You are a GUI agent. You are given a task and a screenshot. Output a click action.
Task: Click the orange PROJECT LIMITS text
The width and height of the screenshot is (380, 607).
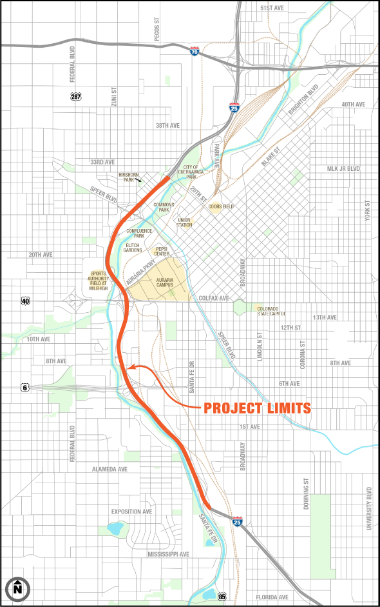(x=258, y=408)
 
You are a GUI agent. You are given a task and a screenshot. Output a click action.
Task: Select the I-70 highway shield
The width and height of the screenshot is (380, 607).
(x=195, y=50)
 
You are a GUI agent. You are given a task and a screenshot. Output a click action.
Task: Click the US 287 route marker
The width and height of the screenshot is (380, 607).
(x=76, y=96)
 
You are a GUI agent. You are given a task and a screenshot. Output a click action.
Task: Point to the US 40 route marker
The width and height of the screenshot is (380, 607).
(x=25, y=301)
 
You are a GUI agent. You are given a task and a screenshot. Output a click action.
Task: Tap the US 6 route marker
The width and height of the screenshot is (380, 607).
(x=25, y=387)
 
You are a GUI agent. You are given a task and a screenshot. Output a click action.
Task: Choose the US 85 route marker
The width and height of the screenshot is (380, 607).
(x=222, y=596)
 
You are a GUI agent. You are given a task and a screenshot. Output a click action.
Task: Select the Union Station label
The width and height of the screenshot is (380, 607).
(x=184, y=223)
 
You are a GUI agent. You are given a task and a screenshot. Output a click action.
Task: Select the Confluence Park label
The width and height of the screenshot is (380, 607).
(x=140, y=233)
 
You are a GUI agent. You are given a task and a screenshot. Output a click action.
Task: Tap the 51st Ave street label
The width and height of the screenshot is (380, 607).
(x=272, y=7)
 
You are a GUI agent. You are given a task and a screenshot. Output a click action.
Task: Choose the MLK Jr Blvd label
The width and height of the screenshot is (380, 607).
(x=343, y=169)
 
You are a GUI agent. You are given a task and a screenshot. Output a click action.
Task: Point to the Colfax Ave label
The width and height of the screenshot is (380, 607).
(x=214, y=299)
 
